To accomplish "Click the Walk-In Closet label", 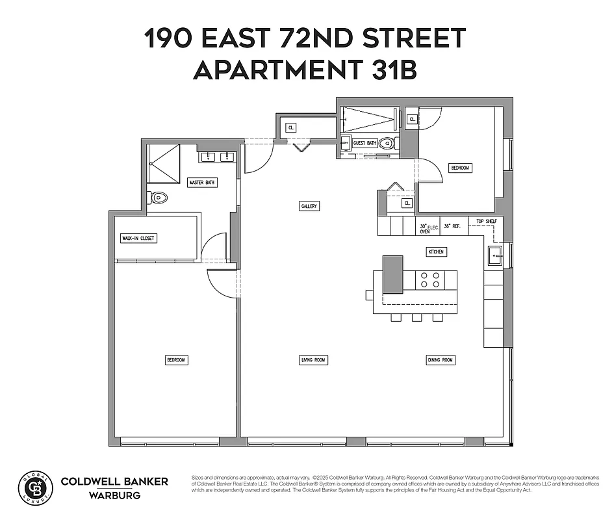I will tap(139, 239).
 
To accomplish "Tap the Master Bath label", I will tap(202, 183).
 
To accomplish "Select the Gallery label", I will tap(309, 206).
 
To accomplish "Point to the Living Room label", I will tap(313, 360).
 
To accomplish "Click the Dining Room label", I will tap(441, 360).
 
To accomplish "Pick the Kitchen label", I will tap(436, 252).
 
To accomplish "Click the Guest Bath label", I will tap(365, 143).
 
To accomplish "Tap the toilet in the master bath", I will tap(157, 198).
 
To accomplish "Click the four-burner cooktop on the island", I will tap(429, 279).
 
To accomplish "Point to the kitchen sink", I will tap(494, 255).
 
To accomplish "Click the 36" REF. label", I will tap(452, 226).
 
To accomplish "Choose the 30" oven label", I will tap(425, 228).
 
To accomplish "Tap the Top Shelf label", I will tap(486, 222).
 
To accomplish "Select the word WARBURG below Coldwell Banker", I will tap(114, 495).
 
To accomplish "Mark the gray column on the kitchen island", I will tap(392, 274).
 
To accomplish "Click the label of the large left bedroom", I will tap(176, 360).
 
